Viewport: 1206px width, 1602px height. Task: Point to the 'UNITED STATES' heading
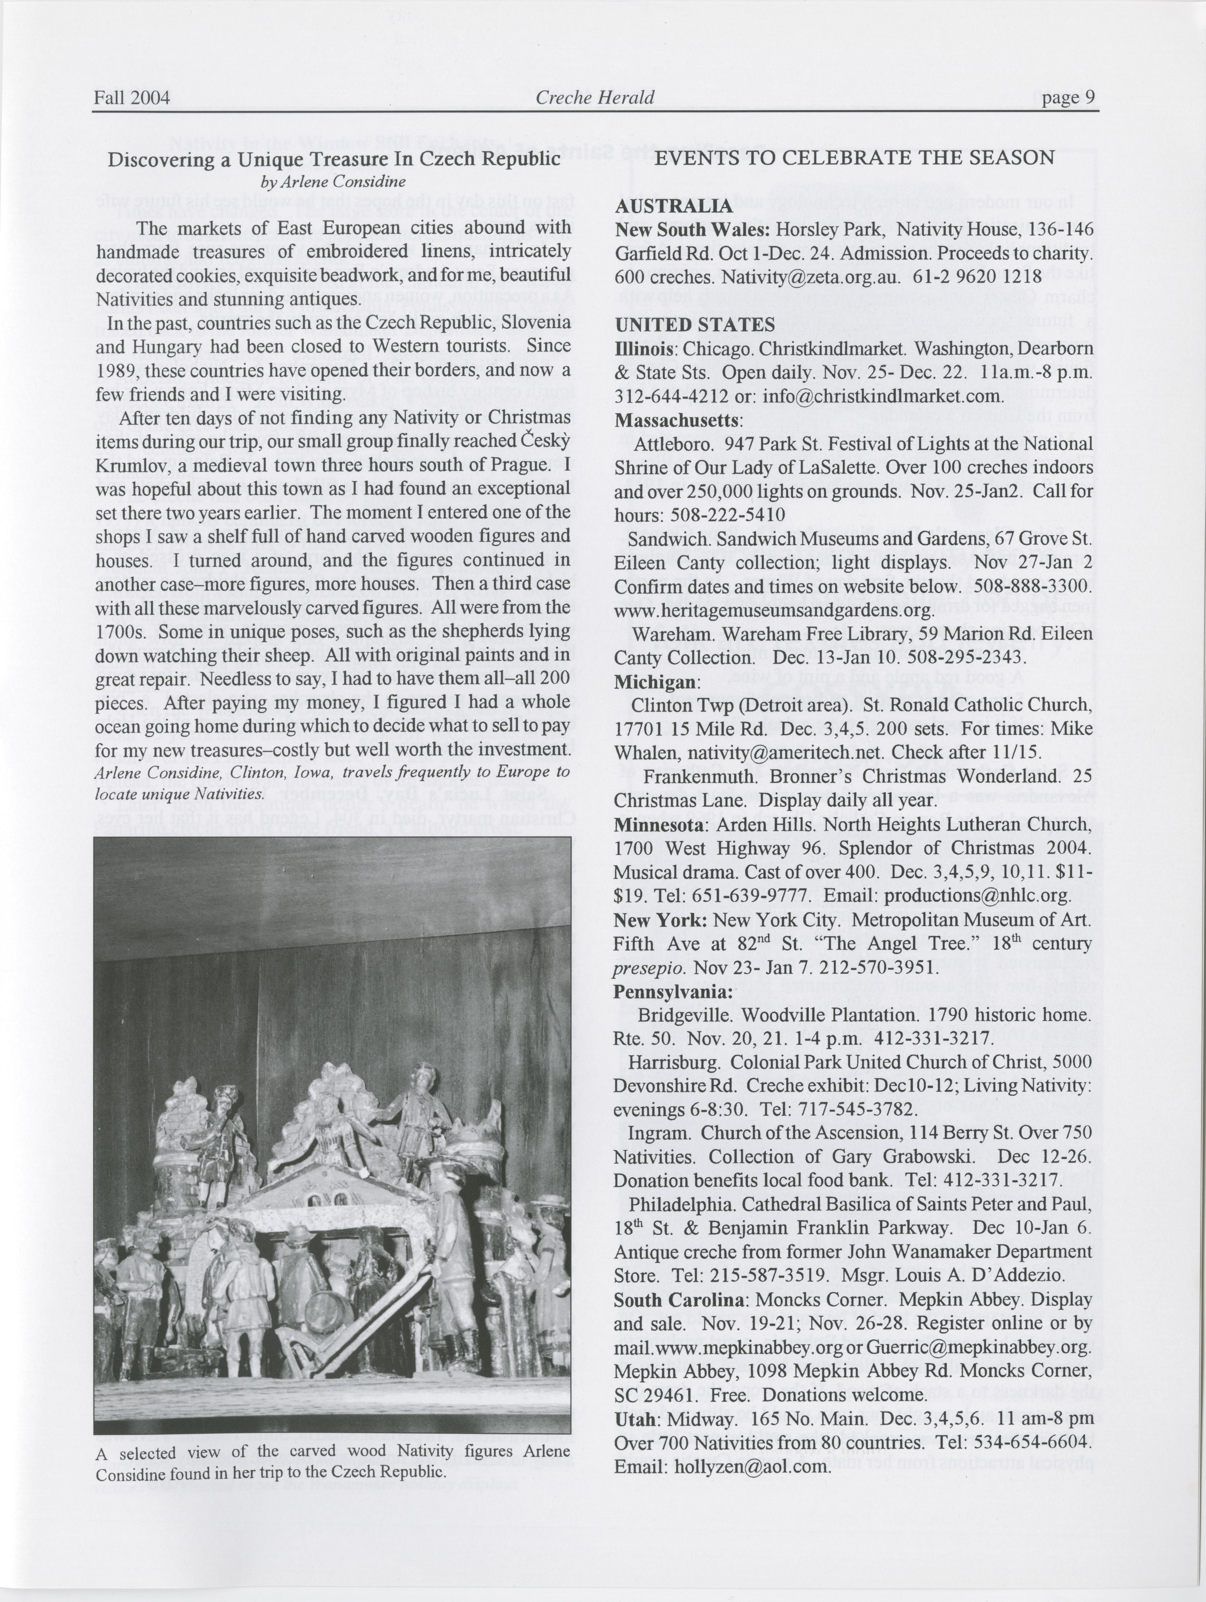[x=695, y=324]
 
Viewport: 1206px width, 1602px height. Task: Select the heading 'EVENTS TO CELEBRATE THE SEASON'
[x=854, y=158]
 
